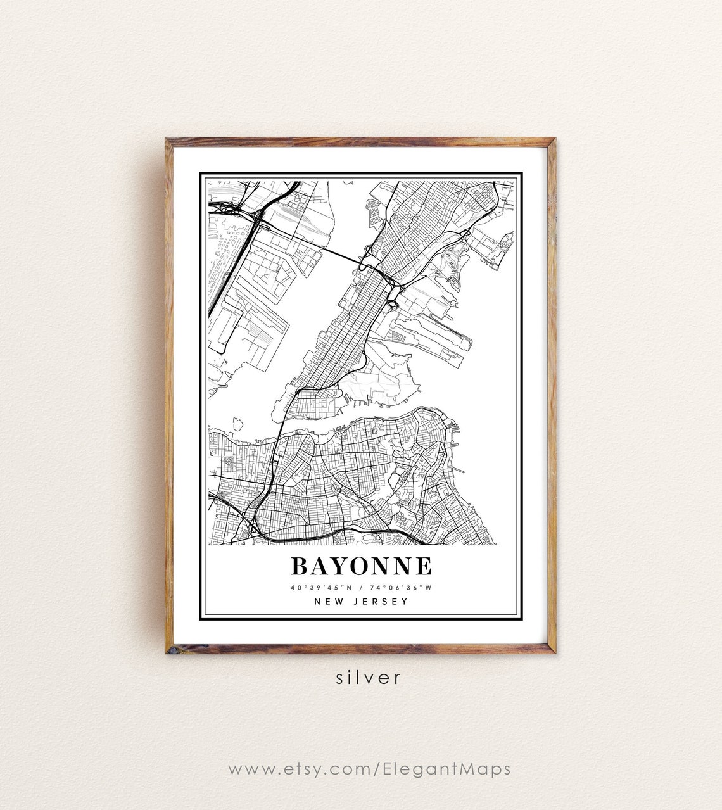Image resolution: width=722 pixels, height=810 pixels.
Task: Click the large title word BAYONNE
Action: [x=361, y=566]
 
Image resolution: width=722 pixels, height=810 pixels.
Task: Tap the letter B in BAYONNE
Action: [x=299, y=566]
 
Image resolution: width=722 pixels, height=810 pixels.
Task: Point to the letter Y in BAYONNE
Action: [x=342, y=566]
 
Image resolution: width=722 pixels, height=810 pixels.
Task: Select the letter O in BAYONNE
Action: [x=364, y=566]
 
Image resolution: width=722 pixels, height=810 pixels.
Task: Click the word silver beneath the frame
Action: [x=369, y=678]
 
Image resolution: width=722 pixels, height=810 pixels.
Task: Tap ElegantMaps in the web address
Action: [x=446, y=769]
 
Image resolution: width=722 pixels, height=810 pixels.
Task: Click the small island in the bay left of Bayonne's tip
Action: [x=238, y=422]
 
